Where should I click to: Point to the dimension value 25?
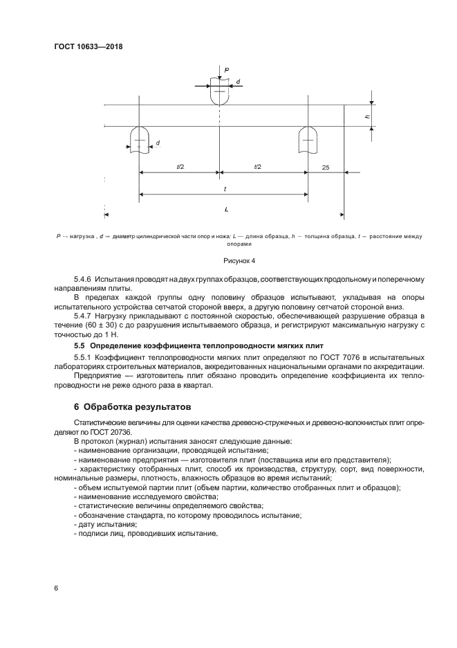(326, 167)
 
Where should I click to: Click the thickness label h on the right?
(366, 116)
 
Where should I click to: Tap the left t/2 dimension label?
(180, 167)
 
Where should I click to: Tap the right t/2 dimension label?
(258, 167)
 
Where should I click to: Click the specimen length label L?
(226, 208)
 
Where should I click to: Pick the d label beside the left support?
(158, 143)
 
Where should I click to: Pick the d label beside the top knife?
(239, 82)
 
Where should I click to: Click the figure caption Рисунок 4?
(239, 261)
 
